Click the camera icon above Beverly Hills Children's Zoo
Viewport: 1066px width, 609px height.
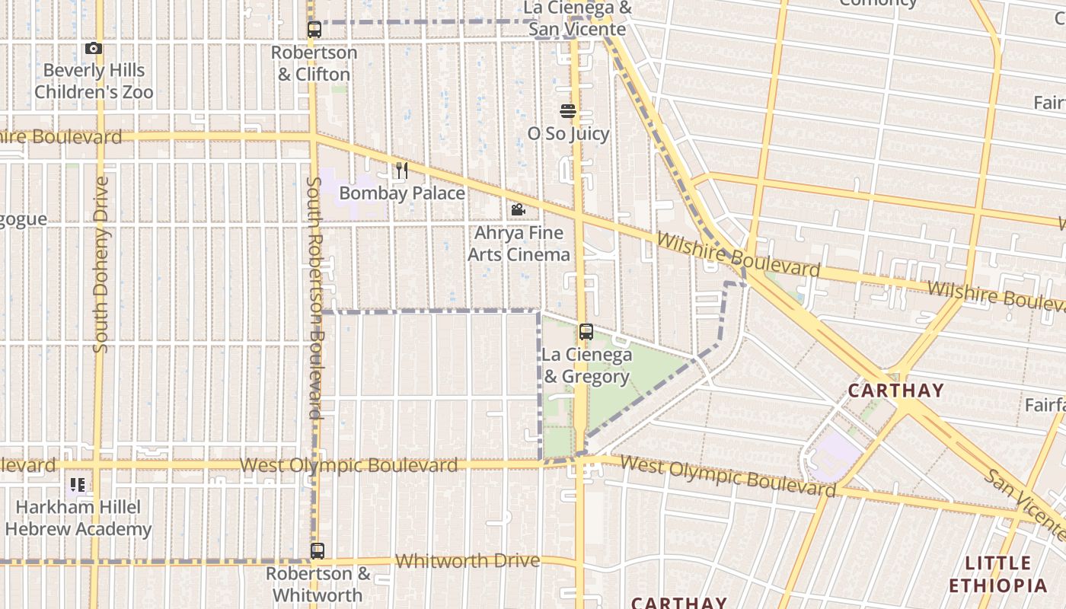point(94,49)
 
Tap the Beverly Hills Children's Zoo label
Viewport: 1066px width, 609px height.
point(94,81)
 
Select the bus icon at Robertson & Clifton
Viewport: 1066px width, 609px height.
point(314,30)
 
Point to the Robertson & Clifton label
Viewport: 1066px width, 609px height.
point(314,64)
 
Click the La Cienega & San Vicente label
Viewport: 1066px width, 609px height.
point(577,19)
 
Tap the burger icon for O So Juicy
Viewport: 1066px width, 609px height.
point(567,111)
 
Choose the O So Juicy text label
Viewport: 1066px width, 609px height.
point(568,134)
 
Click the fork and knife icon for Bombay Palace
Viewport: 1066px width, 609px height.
point(402,171)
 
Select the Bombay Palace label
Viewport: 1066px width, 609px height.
point(402,193)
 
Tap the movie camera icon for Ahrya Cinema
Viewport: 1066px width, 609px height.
point(519,210)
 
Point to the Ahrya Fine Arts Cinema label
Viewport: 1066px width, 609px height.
point(519,244)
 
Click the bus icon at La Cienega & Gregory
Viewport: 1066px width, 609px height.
point(586,332)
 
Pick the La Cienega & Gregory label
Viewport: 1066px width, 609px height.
point(586,365)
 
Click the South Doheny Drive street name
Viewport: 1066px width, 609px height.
point(100,265)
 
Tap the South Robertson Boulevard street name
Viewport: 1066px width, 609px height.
point(314,297)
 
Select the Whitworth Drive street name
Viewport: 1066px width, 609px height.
point(468,561)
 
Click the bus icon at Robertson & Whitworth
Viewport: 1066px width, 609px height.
point(317,551)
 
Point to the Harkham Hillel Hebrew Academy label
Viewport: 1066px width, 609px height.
point(78,518)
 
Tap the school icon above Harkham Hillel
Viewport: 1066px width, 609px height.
point(78,485)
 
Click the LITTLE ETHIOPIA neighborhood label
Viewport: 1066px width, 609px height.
point(997,575)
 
